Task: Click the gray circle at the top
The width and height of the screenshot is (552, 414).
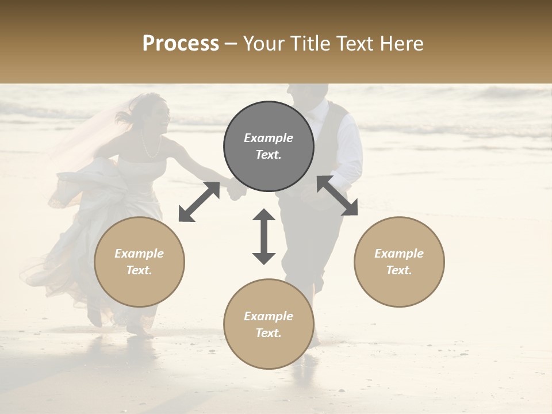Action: (269, 146)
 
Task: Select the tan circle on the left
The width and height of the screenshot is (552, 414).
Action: (139, 262)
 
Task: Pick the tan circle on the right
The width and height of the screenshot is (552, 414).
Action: (399, 262)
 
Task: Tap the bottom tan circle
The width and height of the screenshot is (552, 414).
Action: (269, 324)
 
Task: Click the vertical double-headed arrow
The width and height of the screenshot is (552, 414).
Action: (264, 236)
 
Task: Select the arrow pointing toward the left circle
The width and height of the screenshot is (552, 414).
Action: (199, 201)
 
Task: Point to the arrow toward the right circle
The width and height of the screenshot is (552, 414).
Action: (338, 195)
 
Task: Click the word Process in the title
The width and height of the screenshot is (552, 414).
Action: (181, 44)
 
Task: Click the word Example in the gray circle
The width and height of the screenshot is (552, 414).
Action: (269, 138)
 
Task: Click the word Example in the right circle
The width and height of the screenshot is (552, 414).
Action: (399, 254)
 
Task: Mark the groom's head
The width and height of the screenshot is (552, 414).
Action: (307, 95)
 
